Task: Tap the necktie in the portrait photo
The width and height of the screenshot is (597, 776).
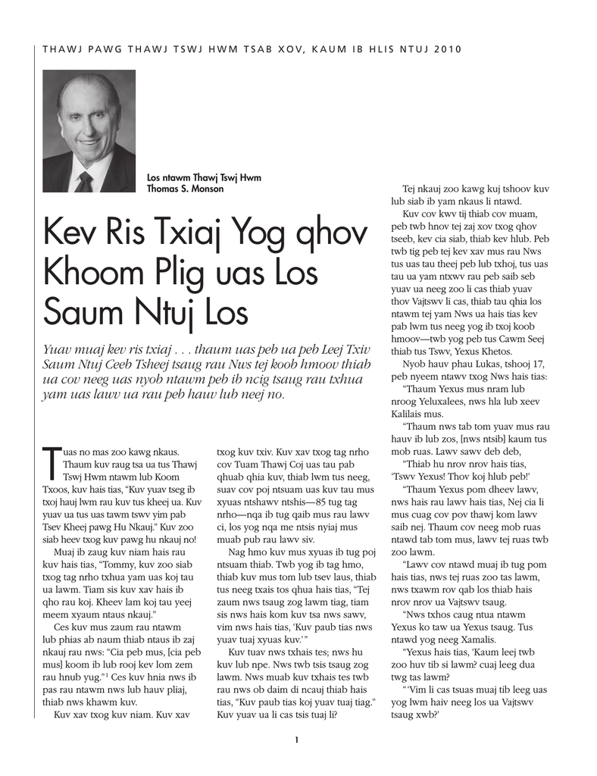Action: click(85, 181)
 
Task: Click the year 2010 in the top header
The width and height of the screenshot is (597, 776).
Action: click(448, 49)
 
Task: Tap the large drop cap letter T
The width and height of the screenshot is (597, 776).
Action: click(52, 463)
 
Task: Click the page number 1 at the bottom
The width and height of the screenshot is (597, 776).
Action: click(298, 740)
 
